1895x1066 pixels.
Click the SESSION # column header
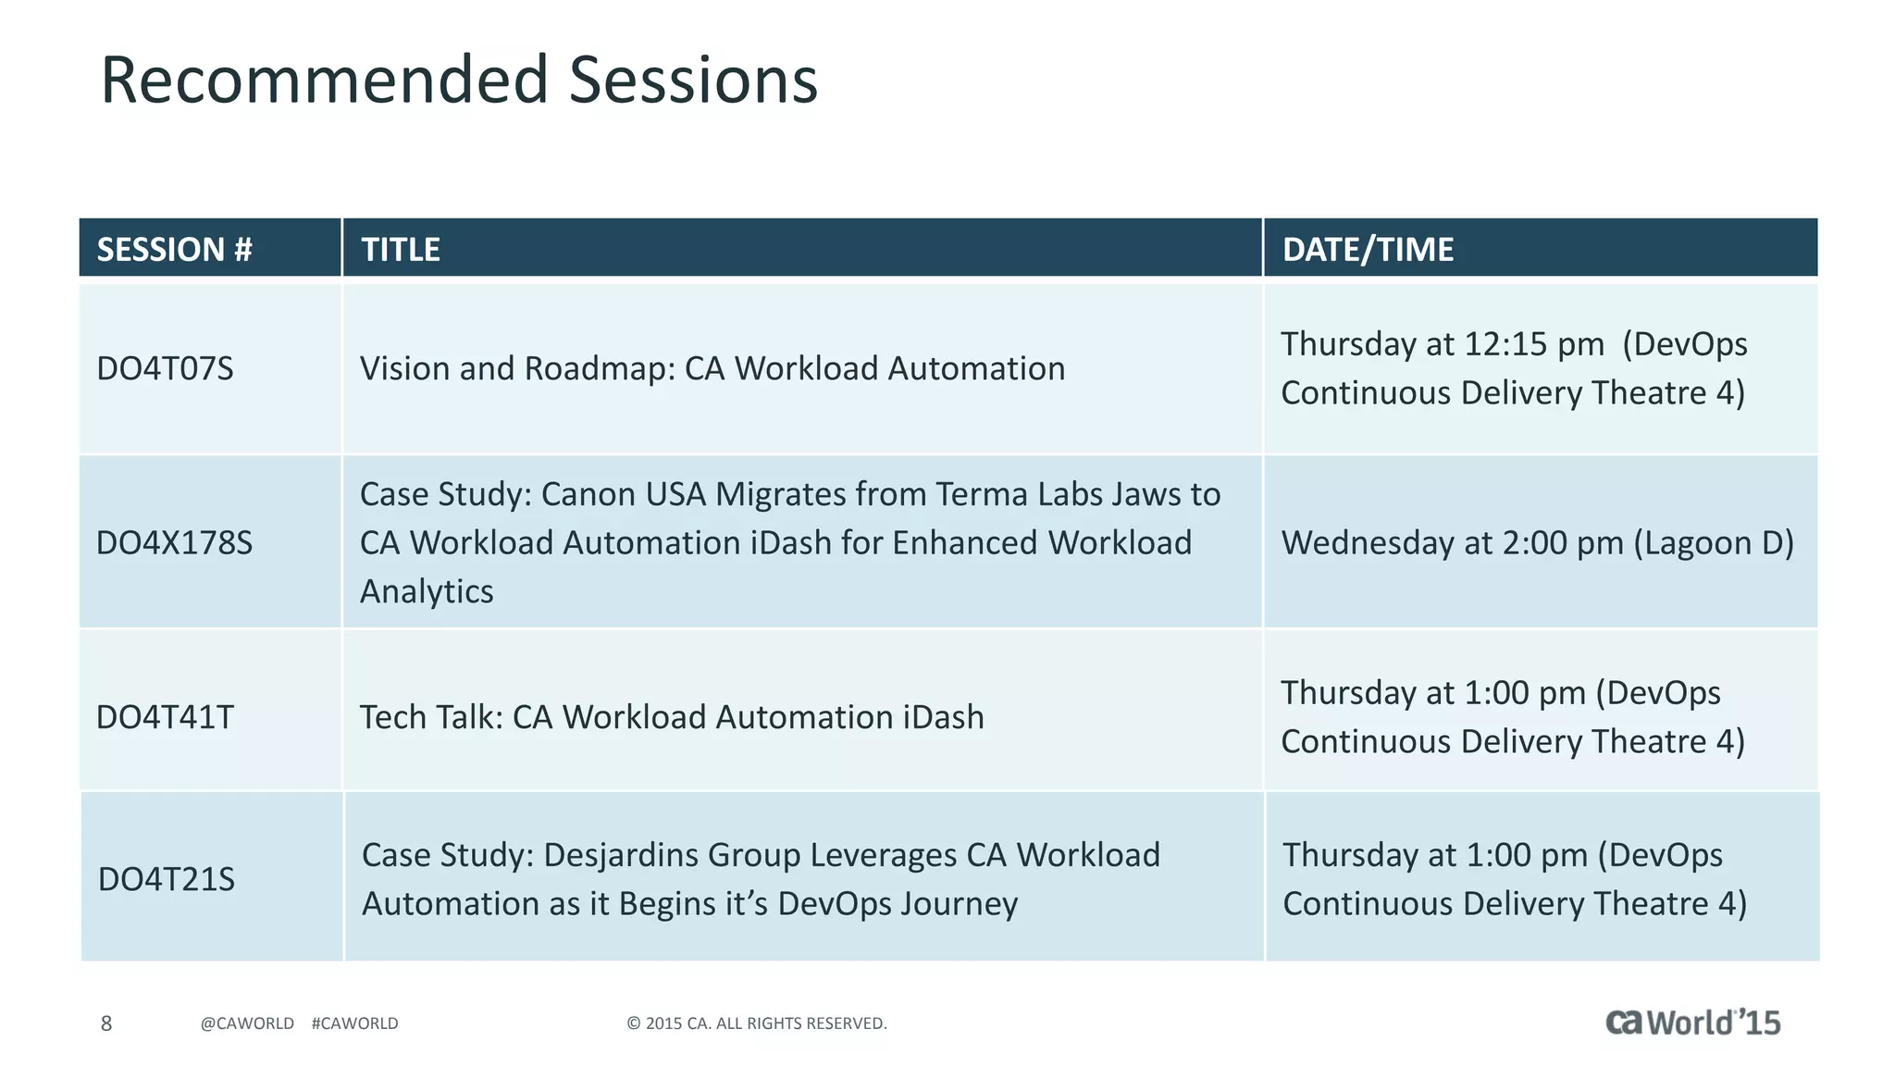coord(174,249)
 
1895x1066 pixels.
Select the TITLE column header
coord(400,249)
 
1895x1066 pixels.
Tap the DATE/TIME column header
coord(1367,249)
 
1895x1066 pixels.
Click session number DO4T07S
coord(165,368)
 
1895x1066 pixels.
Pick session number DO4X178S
coord(174,542)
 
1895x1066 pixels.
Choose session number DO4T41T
coord(165,717)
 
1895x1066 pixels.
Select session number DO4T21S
coord(167,879)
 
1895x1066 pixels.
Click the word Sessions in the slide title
coord(692,80)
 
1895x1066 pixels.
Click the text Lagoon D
coord(1714,542)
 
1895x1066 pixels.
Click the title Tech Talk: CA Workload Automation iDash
coord(671,717)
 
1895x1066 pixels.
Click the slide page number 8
coord(106,1023)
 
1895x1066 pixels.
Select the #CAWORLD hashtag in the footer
coord(354,1023)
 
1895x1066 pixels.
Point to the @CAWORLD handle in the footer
coord(247,1023)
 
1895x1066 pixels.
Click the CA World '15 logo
coord(1692,1022)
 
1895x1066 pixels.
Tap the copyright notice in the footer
coord(756,1023)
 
